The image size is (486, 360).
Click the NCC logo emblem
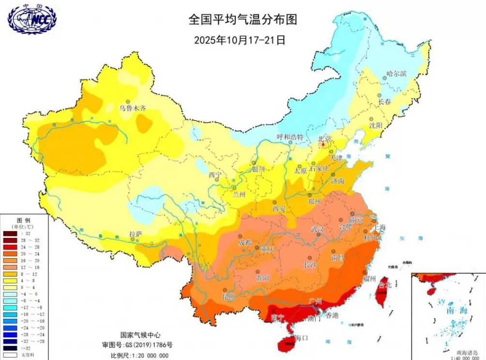(x=32, y=19)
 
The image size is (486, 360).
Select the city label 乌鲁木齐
(x=133, y=109)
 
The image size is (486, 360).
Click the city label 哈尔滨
(x=396, y=74)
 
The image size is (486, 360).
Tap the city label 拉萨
(x=136, y=234)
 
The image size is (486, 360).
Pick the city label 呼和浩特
(x=290, y=137)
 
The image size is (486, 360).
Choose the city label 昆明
(x=228, y=295)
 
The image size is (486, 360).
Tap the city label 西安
(x=280, y=209)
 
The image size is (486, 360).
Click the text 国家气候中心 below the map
(x=140, y=335)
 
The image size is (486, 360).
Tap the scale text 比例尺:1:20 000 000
(x=139, y=355)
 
